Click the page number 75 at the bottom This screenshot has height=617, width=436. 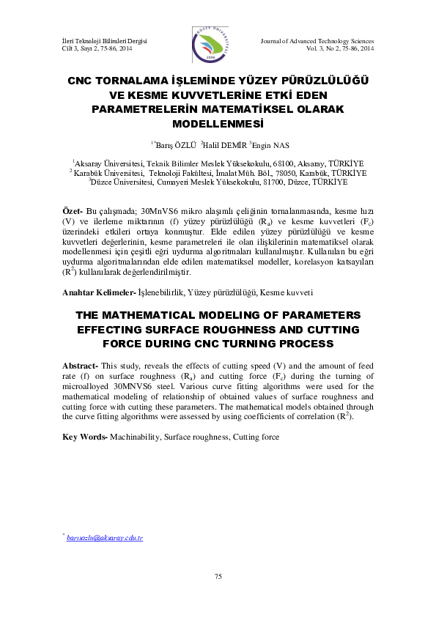click(218, 577)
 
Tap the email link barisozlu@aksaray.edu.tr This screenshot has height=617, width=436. click(104, 538)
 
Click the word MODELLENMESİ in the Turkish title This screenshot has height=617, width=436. click(218, 123)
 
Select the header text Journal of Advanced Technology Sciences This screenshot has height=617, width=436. click(317, 41)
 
